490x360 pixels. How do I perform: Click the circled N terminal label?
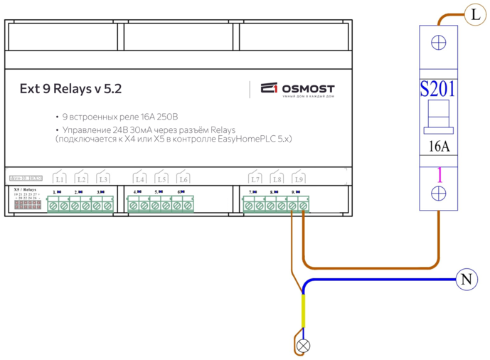pyautogui.click(x=466, y=280)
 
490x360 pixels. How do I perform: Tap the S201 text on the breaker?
pyautogui.click(x=437, y=89)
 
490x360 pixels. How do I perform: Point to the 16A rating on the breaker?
pyautogui.click(x=438, y=147)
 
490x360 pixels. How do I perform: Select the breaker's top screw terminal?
pyautogui.click(x=438, y=42)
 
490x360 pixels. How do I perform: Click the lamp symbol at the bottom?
pyautogui.click(x=304, y=346)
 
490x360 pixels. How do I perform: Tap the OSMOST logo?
pyautogui.click(x=298, y=89)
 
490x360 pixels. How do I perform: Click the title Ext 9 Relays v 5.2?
pyautogui.click(x=70, y=90)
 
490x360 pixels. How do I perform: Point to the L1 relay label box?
pyautogui.click(x=60, y=179)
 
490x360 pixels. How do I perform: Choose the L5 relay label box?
pyautogui.click(x=161, y=179)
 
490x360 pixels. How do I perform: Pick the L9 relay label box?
pyautogui.click(x=299, y=179)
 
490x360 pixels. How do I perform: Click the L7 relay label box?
pyautogui.click(x=255, y=179)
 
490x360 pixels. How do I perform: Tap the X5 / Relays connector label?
pyautogui.click(x=26, y=189)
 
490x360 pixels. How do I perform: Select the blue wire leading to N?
pyautogui.click(x=384, y=280)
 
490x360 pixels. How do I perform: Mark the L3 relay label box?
pyautogui.click(x=103, y=179)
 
